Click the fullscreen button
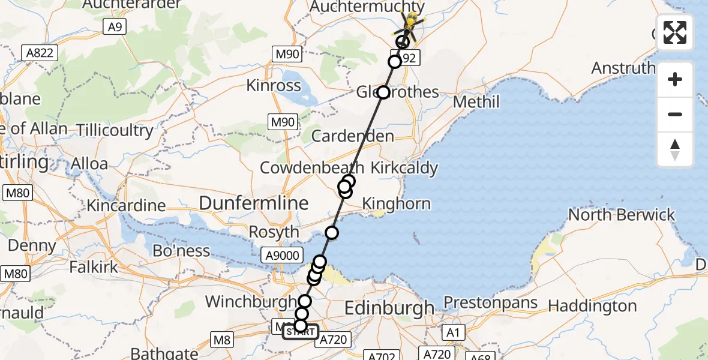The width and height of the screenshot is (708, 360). [x=675, y=32]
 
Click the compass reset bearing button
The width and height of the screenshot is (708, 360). [x=675, y=149]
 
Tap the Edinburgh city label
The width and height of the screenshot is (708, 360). [x=389, y=308]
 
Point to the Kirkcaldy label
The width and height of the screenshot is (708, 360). [x=404, y=167]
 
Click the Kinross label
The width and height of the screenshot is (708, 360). [x=274, y=85]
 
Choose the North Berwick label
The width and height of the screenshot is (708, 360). [x=622, y=215]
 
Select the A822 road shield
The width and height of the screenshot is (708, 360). [x=41, y=53]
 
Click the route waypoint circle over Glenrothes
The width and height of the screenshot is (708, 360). [x=383, y=93]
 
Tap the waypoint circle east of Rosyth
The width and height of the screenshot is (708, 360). [x=331, y=233]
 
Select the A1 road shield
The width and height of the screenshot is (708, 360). [x=452, y=332]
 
